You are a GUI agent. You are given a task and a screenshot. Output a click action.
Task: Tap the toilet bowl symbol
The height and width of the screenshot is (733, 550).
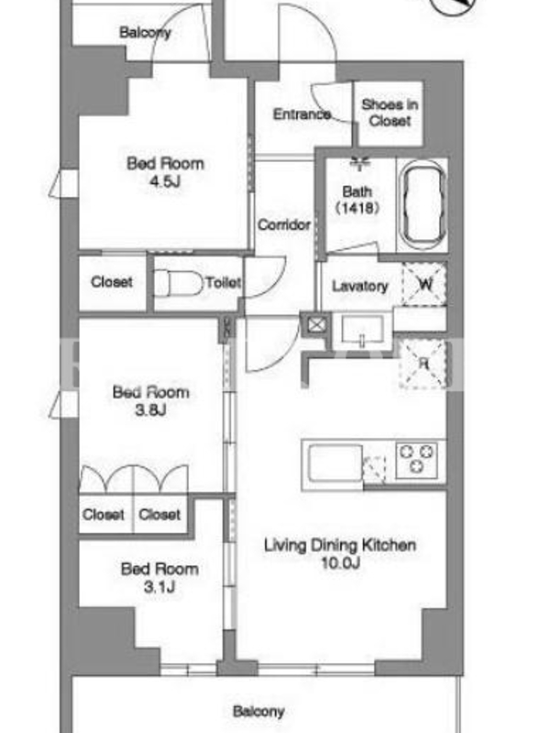point(178,283)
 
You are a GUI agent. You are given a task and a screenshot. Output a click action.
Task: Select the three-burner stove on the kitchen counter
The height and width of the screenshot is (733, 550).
point(417,460)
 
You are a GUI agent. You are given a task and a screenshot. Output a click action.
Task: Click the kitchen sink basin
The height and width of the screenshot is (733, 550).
point(335,463)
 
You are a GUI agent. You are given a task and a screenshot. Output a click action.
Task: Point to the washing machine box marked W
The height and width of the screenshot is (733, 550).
point(424,285)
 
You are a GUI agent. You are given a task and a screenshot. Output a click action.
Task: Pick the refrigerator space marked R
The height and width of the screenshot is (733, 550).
point(423,363)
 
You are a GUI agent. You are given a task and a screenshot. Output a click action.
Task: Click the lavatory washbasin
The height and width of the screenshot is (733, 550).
point(362,331)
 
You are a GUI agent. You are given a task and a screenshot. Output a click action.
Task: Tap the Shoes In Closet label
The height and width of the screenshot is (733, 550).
point(390,113)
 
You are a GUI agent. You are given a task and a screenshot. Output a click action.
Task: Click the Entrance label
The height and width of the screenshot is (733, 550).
point(302,114)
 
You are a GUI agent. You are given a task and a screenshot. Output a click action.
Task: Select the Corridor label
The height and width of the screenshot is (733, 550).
point(284,224)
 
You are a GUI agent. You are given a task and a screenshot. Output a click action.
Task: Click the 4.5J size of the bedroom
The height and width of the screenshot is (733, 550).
point(165,181)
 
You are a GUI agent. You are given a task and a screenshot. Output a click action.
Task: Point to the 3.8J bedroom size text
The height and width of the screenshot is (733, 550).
point(150,410)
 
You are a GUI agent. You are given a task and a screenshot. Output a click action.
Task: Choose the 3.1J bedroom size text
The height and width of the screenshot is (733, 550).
point(159,586)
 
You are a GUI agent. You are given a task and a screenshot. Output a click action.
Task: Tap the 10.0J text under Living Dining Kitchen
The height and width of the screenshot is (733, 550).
point(340,563)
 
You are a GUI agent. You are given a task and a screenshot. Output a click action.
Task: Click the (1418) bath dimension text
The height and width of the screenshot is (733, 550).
point(357,208)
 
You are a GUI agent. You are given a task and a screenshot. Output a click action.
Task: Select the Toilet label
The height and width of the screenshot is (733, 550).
point(224,282)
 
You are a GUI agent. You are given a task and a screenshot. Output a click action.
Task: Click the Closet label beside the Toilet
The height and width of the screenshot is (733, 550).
point(111,282)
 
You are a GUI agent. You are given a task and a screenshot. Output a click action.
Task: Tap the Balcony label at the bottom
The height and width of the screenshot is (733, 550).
point(258,712)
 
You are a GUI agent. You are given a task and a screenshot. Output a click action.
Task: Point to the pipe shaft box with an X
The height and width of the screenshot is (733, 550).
point(316,324)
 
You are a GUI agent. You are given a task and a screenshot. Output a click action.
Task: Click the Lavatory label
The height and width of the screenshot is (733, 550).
point(359,286)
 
